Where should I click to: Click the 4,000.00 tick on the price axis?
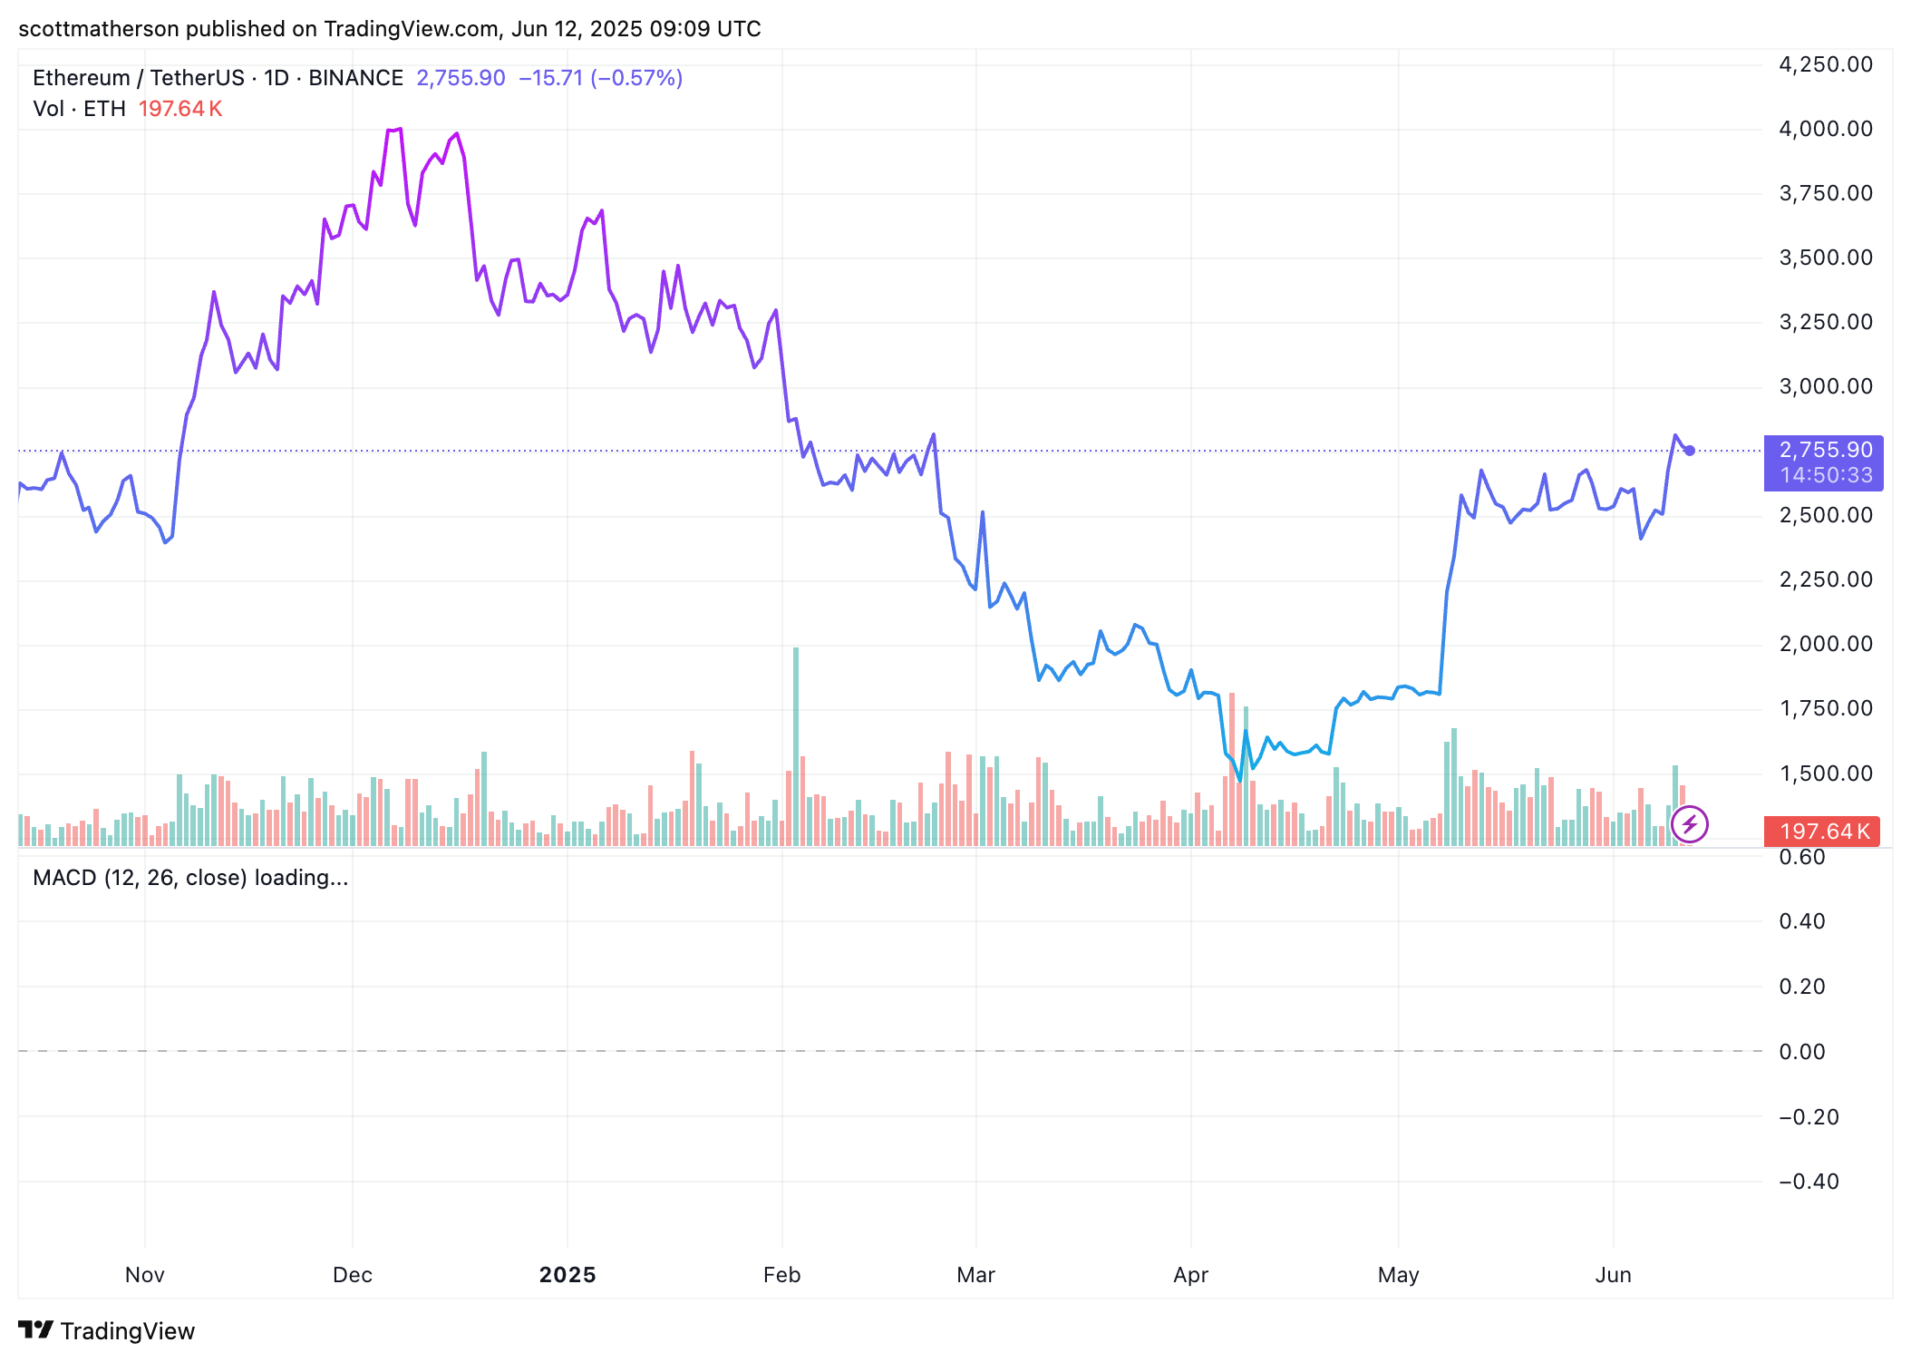point(1825,129)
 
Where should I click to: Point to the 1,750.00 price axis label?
point(1825,708)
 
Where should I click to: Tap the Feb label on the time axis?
point(781,1275)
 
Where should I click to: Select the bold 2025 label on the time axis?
point(567,1275)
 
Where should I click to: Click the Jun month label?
point(1613,1275)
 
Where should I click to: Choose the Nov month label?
point(145,1275)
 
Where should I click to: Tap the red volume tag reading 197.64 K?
point(1823,832)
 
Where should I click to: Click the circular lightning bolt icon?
point(1689,824)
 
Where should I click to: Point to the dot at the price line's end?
point(1690,451)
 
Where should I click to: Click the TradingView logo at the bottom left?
point(107,1330)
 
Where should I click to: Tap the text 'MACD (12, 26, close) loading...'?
point(190,878)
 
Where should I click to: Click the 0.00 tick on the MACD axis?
point(1801,1052)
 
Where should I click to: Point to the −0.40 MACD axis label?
point(1809,1182)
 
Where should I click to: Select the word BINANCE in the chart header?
point(355,78)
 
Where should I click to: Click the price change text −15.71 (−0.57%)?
point(600,78)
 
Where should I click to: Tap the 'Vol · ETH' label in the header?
point(79,109)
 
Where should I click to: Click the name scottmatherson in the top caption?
point(99,29)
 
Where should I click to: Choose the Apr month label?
point(1190,1275)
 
